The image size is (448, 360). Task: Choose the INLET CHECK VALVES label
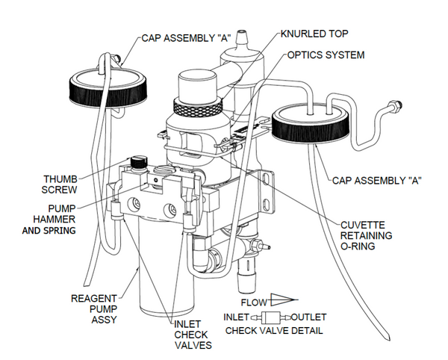click(193, 334)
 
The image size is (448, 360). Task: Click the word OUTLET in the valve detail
click(308, 317)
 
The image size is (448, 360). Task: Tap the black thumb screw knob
click(136, 161)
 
